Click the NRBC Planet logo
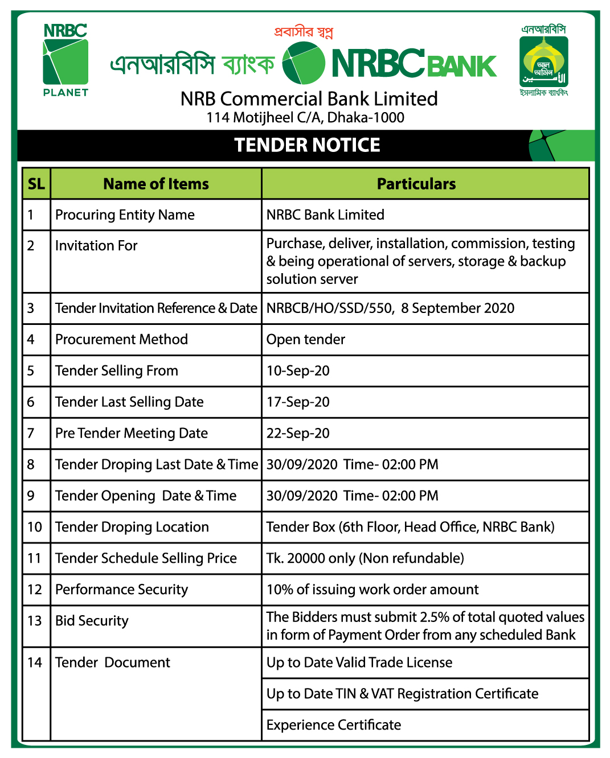pyautogui.click(x=65, y=60)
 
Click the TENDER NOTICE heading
pyautogui.click(x=307, y=145)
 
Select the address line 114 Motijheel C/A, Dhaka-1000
pyautogui.click(x=305, y=118)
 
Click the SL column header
pyautogui.click(x=36, y=184)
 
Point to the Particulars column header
pyautogui.click(x=416, y=184)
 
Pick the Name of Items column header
pyautogui.click(x=156, y=184)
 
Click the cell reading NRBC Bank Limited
pyautogui.click(x=325, y=215)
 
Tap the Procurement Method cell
pyautogui.click(x=121, y=339)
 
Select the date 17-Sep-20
pyautogui.click(x=298, y=402)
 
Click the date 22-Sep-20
pyautogui.click(x=298, y=433)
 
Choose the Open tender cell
pyautogui.click(x=306, y=339)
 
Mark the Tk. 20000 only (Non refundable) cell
pyautogui.click(x=365, y=558)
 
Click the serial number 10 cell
pyautogui.click(x=35, y=527)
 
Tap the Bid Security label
pyautogui.click(x=92, y=621)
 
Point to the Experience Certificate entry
pyautogui.click(x=334, y=725)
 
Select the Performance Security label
pyautogui.click(x=121, y=590)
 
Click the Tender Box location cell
pyautogui.click(x=410, y=527)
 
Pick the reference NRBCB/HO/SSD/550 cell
pyautogui.click(x=390, y=308)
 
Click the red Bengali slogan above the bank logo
pyautogui.click(x=303, y=32)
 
